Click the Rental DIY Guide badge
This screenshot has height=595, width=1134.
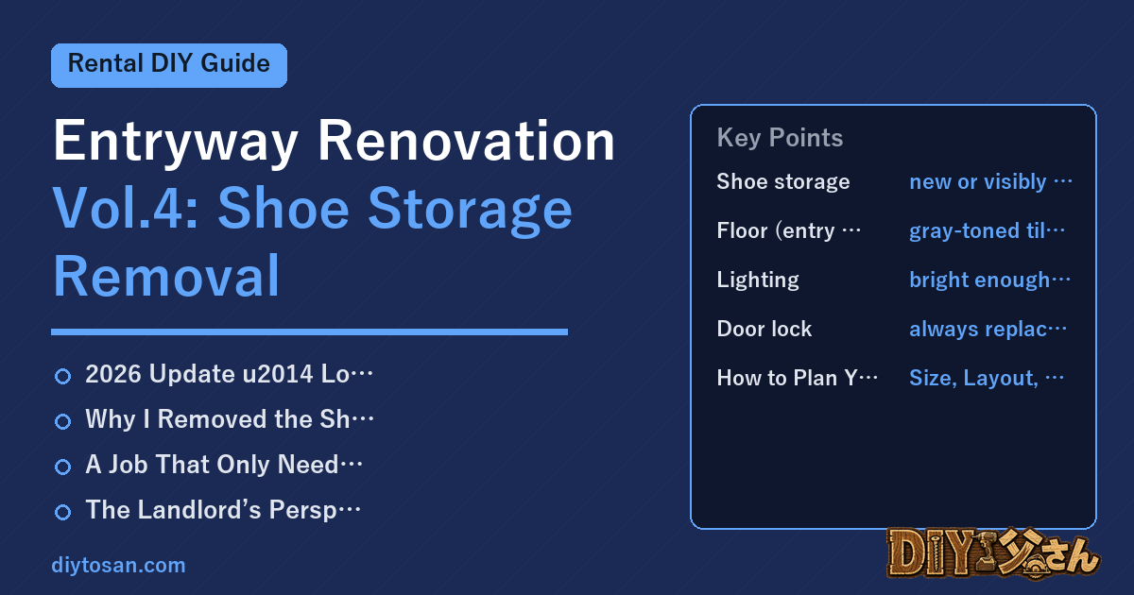click(169, 65)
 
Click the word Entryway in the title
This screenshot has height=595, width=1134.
click(176, 143)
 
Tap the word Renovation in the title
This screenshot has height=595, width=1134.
click(466, 141)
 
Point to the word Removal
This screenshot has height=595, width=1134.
click(166, 276)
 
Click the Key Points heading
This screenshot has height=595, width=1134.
click(780, 138)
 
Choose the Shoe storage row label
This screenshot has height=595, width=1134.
click(783, 181)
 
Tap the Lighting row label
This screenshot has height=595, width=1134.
click(758, 280)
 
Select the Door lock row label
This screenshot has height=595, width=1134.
click(764, 329)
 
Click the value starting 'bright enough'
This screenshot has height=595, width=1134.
click(989, 280)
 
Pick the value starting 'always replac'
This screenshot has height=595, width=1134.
click(988, 329)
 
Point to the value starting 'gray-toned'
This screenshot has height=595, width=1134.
click(987, 230)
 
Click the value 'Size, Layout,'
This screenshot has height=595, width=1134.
click(986, 378)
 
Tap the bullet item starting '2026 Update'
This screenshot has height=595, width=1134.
click(230, 374)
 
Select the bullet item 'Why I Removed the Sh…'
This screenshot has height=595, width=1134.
click(230, 419)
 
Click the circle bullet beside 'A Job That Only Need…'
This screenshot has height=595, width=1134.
click(62, 467)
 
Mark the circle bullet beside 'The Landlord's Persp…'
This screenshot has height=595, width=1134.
click(62, 512)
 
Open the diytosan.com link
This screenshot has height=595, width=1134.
click(118, 565)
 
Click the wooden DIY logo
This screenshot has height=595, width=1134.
click(993, 553)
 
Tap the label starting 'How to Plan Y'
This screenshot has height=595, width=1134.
click(797, 378)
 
